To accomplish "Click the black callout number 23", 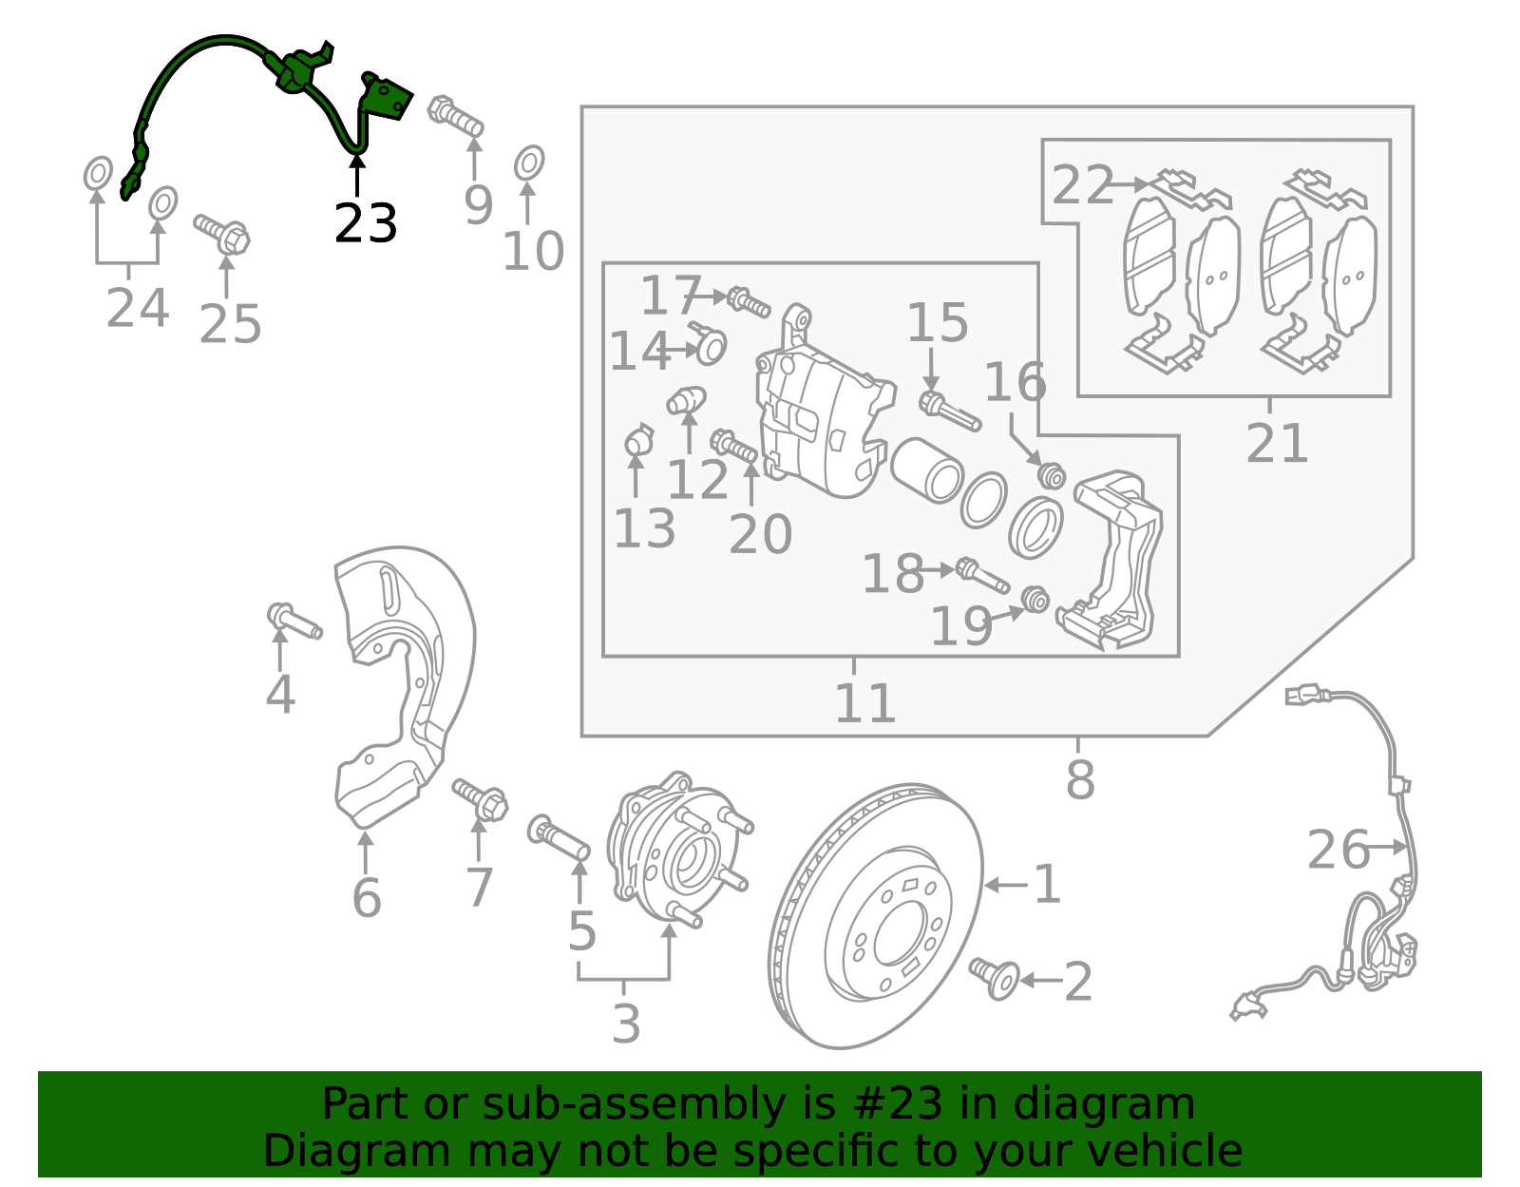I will (365, 224).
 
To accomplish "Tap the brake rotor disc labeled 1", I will (874, 917).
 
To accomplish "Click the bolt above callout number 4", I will (294, 622).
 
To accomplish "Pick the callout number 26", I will (1338, 850).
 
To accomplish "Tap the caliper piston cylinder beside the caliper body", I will (927, 469).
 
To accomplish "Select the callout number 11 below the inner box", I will (864, 703).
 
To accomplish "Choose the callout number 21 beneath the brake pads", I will (1277, 443).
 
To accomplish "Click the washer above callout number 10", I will (529, 163).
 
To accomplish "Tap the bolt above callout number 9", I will (456, 116).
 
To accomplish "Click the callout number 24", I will (138, 308).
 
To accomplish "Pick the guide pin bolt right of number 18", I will (982, 574).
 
